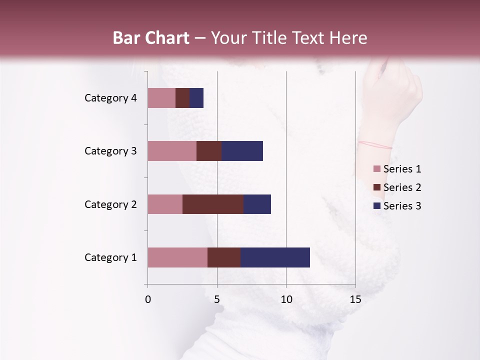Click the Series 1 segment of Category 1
(177, 257)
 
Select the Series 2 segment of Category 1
(224, 257)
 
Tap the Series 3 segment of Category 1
(275, 257)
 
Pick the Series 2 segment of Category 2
(213, 204)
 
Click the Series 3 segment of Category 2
(257, 204)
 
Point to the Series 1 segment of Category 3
(172, 151)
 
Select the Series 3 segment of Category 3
(242, 151)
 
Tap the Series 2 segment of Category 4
(182, 98)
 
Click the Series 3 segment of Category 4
(196, 98)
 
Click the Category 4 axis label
(110, 98)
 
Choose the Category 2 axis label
(110, 204)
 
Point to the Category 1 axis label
(110, 257)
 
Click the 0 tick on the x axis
(148, 299)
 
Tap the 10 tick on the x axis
(286, 299)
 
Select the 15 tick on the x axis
(355, 299)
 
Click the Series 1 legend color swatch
(376, 169)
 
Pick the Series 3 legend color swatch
(376, 206)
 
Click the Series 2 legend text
(402, 187)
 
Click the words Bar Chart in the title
(151, 38)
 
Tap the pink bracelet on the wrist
(375, 145)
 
